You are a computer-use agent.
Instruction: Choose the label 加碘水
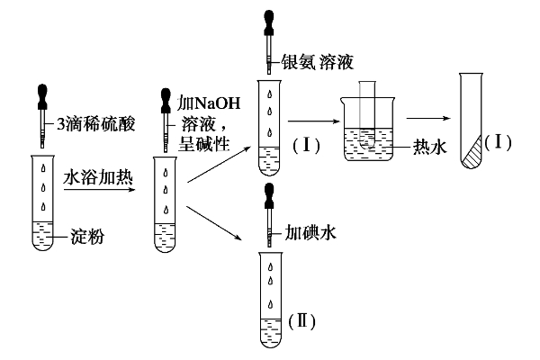click(310, 232)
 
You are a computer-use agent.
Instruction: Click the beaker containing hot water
click(371, 139)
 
